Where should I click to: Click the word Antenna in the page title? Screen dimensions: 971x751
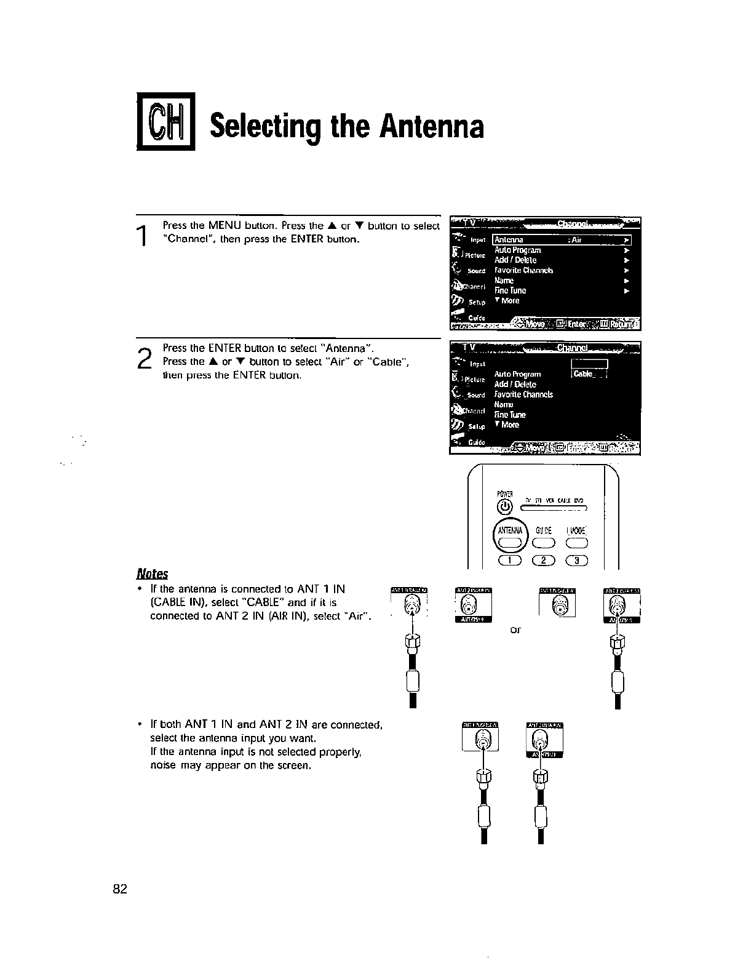432,126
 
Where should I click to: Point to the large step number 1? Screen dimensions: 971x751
143,236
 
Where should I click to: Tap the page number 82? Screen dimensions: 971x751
120,889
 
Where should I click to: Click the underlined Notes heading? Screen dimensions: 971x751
152,573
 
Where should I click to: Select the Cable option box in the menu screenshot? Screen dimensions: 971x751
589,374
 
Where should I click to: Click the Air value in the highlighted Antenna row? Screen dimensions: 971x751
576,240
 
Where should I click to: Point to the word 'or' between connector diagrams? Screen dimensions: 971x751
515,629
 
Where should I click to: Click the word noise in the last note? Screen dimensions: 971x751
163,765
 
